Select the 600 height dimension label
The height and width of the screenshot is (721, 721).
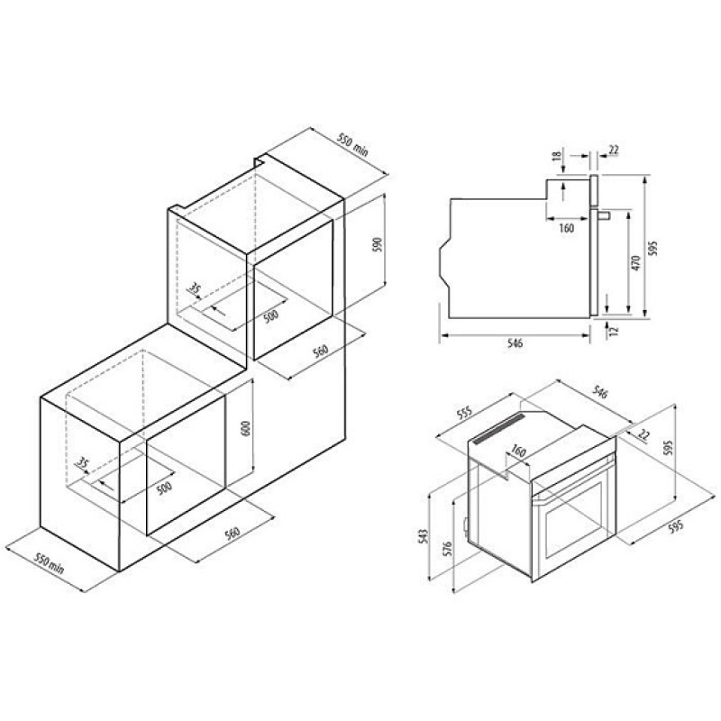click(x=246, y=428)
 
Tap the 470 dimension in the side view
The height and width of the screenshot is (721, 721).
click(x=636, y=262)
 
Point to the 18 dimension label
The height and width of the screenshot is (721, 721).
click(x=558, y=155)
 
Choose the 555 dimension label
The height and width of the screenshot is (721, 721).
click(x=464, y=414)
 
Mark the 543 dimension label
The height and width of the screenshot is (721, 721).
click(x=424, y=535)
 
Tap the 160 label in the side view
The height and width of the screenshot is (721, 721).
click(x=567, y=228)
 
